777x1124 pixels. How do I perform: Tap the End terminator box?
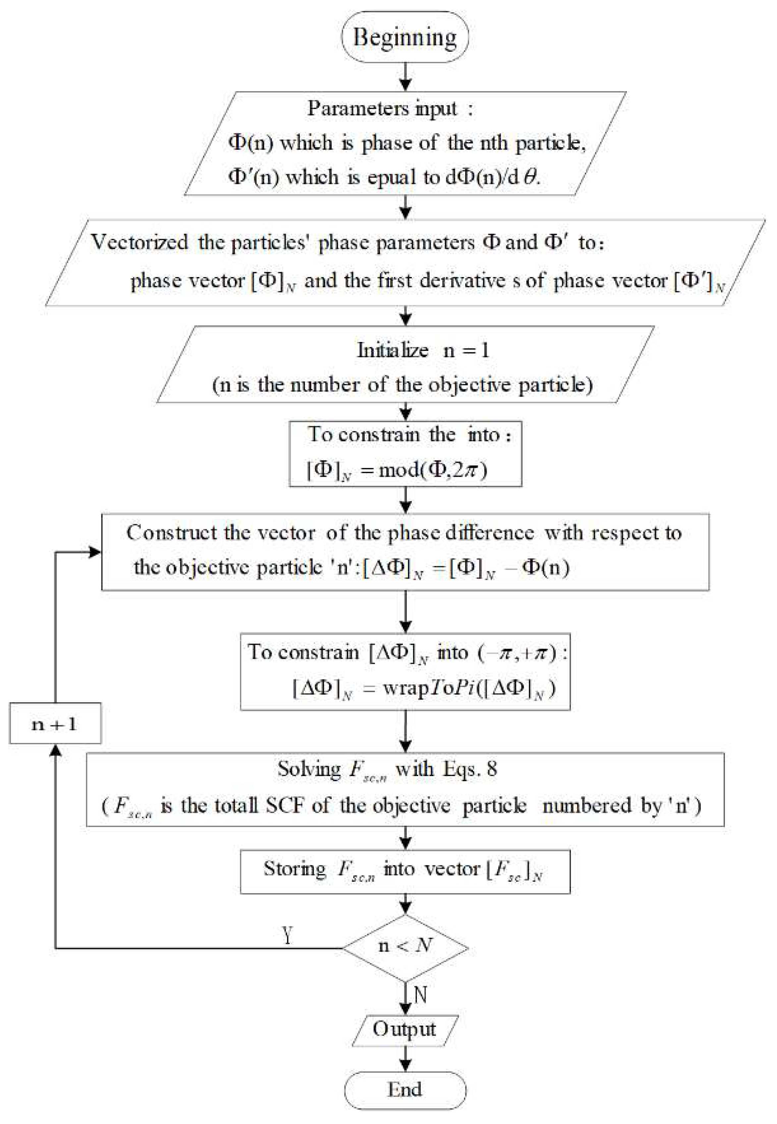(405, 1090)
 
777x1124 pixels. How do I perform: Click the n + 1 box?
(55, 724)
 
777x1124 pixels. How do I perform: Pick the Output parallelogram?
(405, 1029)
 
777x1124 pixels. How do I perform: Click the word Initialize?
(392, 351)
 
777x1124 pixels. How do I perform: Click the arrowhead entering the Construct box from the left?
(95, 551)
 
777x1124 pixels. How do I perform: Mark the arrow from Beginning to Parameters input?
(405, 77)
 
